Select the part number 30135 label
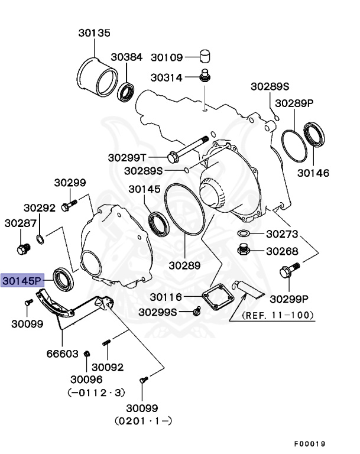tap(94, 33)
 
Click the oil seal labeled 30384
tap(126, 92)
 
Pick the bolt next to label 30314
tap(205, 76)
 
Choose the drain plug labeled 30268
tap(243, 251)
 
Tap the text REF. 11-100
tap(278, 315)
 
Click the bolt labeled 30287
tap(23, 248)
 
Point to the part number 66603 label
tap(62, 354)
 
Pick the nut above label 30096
tap(87, 354)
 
